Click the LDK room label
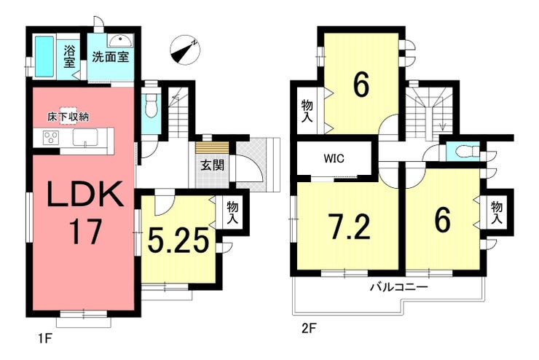pyautogui.click(x=85, y=195)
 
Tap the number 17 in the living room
pyautogui.click(x=85, y=232)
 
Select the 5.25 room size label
pyautogui.click(x=178, y=240)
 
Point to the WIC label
pyautogui.click(x=334, y=159)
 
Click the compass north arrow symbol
pyautogui.click(x=185, y=50)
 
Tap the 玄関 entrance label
pyautogui.click(x=213, y=165)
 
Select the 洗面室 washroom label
pyautogui.click(x=110, y=56)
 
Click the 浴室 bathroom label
pyautogui.click(x=69, y=56)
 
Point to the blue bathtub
pyautogui.click(x=44, y=56)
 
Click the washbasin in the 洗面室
pyautogui.click(x=120, y=41)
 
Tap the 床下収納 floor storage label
pyautogui.click(x=68, y=117)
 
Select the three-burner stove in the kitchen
pyautogui.click(x=51, y=138)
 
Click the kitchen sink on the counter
pyautogui.click(x=85, y=138)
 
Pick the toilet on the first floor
pyautogui.click(x=151, y=105)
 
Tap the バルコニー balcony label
pyautogui.click(x=398, y=287)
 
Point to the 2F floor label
pyautogui.click(x=309, y=329)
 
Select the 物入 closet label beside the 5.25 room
pyautogui.click(x=232, y=214)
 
